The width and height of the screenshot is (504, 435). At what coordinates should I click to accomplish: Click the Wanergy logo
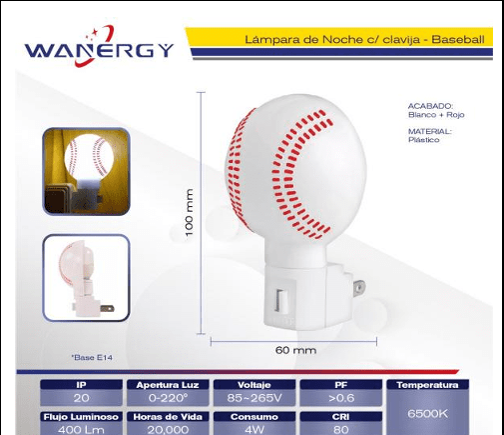[x=99, y=47]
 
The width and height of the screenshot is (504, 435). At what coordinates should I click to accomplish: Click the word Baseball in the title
[x=458, y=40]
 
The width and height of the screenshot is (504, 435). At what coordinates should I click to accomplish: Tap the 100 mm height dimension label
[x=189, y=213]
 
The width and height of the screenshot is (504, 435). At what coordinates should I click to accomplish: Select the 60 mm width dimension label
[x=295, y=350]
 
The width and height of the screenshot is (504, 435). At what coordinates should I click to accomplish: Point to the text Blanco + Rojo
[x=436, y=115]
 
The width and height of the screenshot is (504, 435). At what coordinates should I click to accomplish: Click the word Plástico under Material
[x=424, y=140]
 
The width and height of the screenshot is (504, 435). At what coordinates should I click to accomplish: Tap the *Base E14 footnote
[x=92, y=358]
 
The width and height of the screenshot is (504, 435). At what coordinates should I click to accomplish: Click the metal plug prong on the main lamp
[x=359, y=288]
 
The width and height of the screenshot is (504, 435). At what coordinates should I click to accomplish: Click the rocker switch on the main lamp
[x=281, y=301]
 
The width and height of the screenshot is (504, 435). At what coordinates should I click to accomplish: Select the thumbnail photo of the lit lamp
[x=86, y=171]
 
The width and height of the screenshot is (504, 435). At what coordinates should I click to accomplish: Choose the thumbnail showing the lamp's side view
[x=86, y=278]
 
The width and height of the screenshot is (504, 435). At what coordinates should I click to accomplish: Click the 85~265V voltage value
[x=254, y=398]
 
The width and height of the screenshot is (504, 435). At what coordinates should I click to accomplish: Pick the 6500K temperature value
[x=427, y=414]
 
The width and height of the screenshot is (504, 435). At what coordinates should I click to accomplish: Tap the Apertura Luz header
[x=168, y=385]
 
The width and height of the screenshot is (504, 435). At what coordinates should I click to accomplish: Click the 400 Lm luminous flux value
[x=81, y=429]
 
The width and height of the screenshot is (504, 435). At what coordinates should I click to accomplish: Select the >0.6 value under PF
[x=341, y=398]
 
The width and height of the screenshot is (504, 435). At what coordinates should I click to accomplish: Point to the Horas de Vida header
[x=168, y=417]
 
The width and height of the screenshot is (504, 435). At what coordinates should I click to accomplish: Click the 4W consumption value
[x=254, y=429]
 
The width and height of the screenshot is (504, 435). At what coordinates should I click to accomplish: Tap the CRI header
[x=341, y=417]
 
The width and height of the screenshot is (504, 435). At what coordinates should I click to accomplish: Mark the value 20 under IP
[x=81, y=398]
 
